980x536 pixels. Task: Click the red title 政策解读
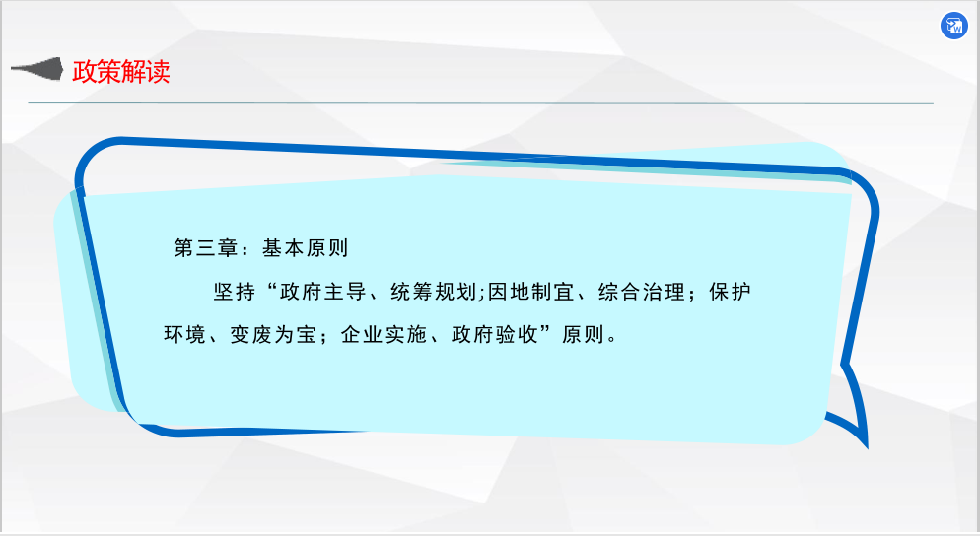(121, 71)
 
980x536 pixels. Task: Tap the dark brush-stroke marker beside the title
(37, 69)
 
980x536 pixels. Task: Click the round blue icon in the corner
(953, 26)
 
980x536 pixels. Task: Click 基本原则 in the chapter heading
(305, 248)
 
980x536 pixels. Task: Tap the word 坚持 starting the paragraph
(235, 292)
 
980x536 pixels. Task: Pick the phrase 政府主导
(323, 292)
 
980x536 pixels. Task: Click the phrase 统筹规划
(434, 292)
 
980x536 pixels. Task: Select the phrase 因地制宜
(530, 292)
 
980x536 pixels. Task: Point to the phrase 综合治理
(641, 292)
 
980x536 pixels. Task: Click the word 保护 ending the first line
(730, 292)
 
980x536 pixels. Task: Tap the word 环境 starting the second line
(184, 335)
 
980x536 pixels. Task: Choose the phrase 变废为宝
(273, 335)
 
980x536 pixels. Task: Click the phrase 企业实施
(384, 335)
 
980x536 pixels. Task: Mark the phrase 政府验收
(494, 335)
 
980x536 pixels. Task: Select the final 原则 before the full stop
(583, 335)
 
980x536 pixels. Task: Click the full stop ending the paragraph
(612, 339)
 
